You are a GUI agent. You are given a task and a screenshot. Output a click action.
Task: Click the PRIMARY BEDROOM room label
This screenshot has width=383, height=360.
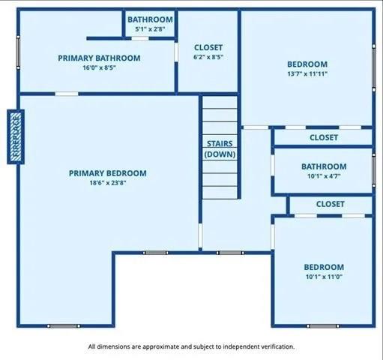coord(107,173)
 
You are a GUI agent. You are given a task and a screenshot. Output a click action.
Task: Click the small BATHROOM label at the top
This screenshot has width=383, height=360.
coord(150,19)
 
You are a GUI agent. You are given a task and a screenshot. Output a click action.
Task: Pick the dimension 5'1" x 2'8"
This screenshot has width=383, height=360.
coord(150,28)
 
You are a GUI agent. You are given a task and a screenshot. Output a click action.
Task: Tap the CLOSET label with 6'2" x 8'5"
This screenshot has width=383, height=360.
coord(208,47)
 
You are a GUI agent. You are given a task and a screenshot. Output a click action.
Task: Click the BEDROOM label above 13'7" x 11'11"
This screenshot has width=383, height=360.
coord(307,64)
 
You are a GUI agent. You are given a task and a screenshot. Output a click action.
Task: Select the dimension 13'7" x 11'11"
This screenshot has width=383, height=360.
coord(307,73)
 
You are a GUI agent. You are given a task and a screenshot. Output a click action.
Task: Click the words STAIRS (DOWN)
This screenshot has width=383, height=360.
coord(220,148)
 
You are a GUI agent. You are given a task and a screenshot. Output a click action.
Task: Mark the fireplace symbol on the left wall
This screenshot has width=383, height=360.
coord(16,136)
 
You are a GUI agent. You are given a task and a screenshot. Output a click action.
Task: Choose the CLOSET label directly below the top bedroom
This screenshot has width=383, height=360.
coord(324,137)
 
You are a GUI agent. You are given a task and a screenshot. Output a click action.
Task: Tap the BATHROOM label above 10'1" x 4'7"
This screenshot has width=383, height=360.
coord(324,166)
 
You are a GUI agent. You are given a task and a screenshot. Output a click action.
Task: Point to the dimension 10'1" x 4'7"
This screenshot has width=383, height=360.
coord(324,176)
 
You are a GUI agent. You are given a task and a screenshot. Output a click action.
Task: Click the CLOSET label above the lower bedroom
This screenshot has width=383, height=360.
coord(330,204)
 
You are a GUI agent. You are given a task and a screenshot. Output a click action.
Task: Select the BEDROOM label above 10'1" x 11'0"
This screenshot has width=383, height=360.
coord(324,267)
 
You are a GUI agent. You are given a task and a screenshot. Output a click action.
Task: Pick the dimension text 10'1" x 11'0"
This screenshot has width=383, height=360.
coord(324,277)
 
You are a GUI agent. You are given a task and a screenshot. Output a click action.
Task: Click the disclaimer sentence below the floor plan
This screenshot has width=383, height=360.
coord(191,346)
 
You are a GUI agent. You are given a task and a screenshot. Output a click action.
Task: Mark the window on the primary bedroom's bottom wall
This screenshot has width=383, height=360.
coord(63,325)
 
